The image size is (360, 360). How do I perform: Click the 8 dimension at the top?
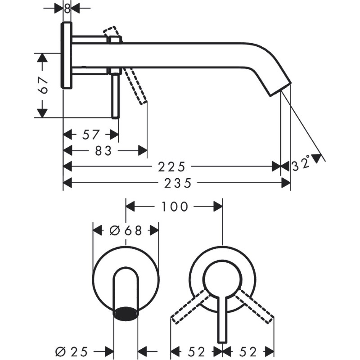[x=67, y=9]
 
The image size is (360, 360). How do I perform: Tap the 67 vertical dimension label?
[x=43, y=85]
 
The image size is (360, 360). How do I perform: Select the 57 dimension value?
[x=91, y=135]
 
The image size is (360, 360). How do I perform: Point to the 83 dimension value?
[x=103, y=151]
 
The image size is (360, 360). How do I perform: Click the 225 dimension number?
[x=171, y=167]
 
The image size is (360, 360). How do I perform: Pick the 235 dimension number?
[x=178, y=183]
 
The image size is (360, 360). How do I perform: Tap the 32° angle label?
[x=301, y=163]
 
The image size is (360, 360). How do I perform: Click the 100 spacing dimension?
[x=175, y=207]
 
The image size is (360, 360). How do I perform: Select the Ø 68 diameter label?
[x=126, y=230]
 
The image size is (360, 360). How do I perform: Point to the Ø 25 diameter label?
[x=72, y=351]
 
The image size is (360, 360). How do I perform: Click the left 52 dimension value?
[x=196, y=351]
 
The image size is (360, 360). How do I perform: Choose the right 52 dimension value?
[x=248, y=351]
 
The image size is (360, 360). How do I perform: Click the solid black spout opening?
[x=126, y=313]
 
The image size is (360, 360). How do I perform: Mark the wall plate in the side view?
[x=67, y=55]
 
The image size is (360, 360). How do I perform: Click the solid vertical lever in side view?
[x=116, y=96]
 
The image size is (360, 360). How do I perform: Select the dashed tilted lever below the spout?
[x=135, y=85]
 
